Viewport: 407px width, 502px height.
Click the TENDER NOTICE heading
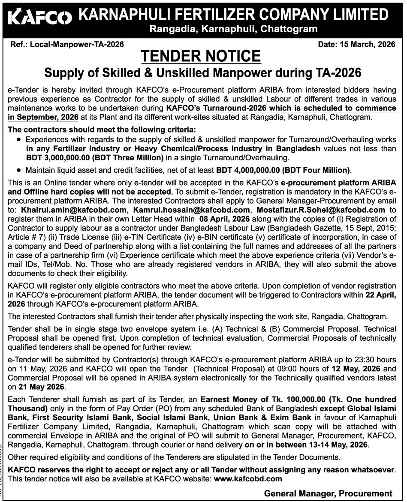[201, 56]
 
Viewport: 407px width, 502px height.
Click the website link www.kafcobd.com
[248, 478]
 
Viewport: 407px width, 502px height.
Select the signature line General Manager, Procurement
[328, 493]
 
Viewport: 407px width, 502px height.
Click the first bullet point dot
[19, 140]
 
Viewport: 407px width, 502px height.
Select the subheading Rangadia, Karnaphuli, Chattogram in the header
[233, 29]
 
